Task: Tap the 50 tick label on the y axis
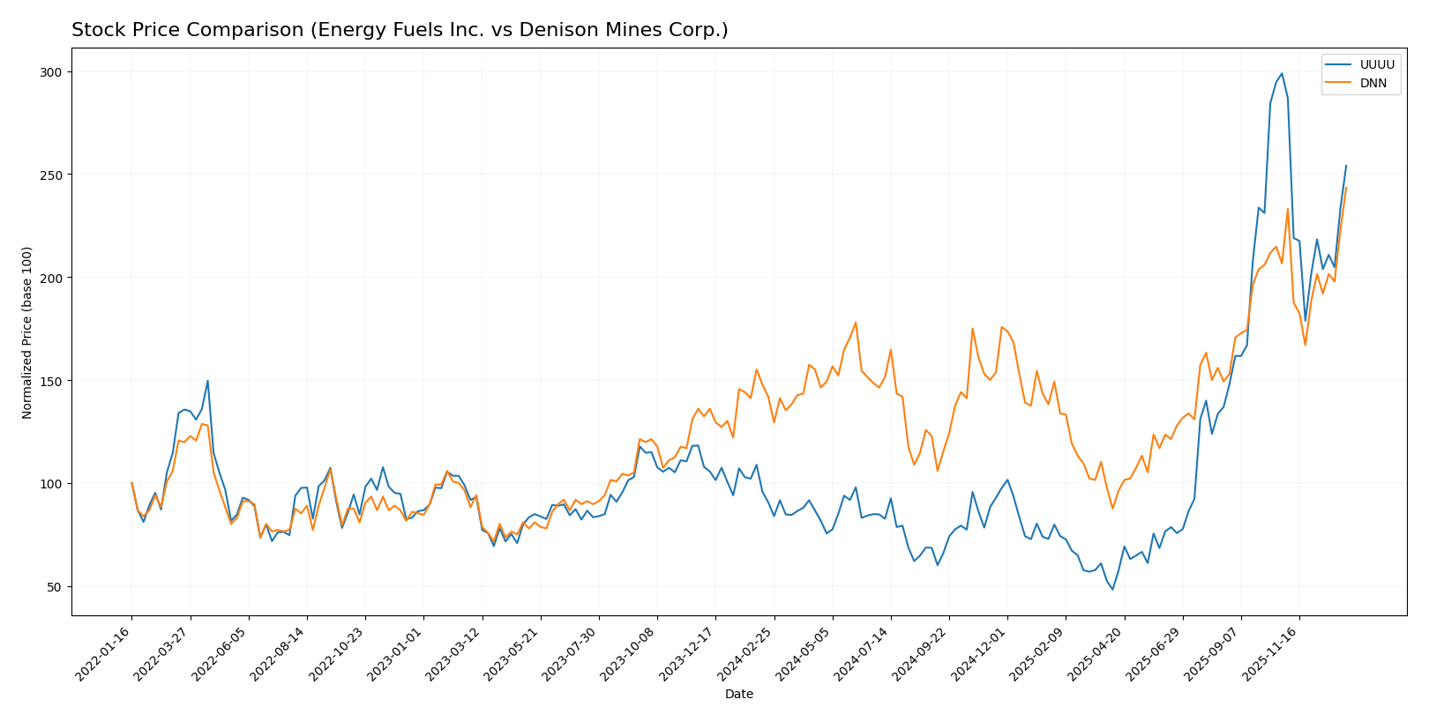click(57, 587)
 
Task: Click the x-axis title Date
click(738, 695)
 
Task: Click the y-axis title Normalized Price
click(27, 332)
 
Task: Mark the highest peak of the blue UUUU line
click(1282, 73)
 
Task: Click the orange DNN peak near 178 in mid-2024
click(856, 323)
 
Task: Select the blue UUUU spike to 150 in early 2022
click(207, 381)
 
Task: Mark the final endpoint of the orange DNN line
click(1346, 188)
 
